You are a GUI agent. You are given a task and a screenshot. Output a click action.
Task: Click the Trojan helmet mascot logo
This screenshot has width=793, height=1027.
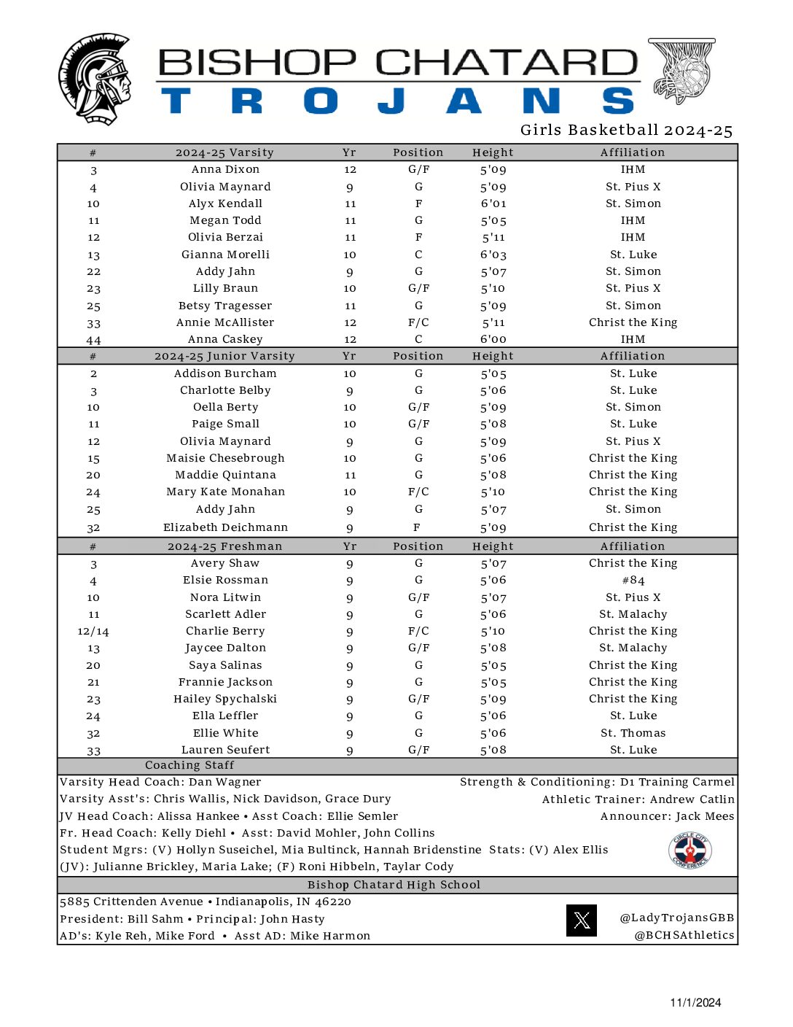tap(95, 79)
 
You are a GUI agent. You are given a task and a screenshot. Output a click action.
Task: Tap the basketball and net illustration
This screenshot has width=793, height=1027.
tap(682, 71)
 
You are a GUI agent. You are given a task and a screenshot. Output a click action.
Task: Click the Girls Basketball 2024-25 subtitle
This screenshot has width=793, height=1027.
tap(626, 131)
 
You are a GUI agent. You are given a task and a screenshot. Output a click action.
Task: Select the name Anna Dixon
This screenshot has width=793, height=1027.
tap(225, 169)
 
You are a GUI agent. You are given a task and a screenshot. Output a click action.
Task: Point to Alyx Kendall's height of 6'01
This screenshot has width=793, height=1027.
tap(493, 204)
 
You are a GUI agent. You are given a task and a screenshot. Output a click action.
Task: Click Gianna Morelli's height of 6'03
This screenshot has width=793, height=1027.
tap(493, 255)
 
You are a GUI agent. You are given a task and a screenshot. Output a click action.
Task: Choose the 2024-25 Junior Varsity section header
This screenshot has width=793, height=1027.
tap(224, 356)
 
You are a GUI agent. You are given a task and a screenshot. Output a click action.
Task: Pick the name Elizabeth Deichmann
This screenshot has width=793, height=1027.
tap(225, 527)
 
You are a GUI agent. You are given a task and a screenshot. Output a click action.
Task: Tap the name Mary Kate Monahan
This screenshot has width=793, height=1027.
tap(225, 492)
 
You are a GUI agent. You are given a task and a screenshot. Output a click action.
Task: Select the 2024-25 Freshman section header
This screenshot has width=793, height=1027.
tap(224, 546)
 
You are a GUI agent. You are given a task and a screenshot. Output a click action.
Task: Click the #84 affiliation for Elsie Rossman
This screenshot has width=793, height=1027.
tap(633, 581)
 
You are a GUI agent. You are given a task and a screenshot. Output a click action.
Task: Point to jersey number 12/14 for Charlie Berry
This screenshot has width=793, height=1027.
tap(93, 632)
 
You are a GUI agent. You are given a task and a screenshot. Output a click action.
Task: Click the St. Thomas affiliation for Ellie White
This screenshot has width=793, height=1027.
tap(633, 733)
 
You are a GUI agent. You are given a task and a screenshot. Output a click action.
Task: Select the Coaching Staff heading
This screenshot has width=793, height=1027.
tap(190, 765)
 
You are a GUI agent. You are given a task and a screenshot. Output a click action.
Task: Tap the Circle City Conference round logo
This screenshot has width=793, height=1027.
tap(690, 850)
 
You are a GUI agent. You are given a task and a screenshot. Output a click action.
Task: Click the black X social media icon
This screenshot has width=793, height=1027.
tap(581, 921)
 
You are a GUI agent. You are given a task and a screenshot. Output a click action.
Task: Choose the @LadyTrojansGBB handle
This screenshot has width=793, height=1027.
tap(676, 918)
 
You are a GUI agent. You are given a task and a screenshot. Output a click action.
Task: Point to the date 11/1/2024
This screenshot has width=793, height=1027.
tap(695, 1002)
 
